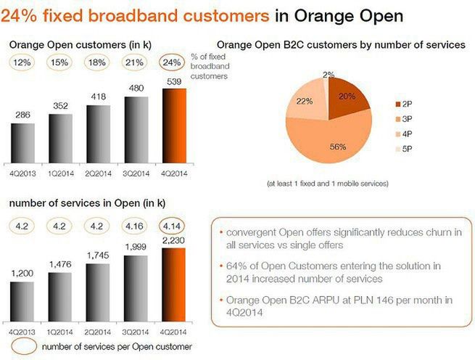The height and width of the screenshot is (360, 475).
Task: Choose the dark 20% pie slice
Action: pyautogui.click(x=347, y=98)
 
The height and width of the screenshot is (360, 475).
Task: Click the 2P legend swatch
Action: pyautogui.click(x=398, y=104)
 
